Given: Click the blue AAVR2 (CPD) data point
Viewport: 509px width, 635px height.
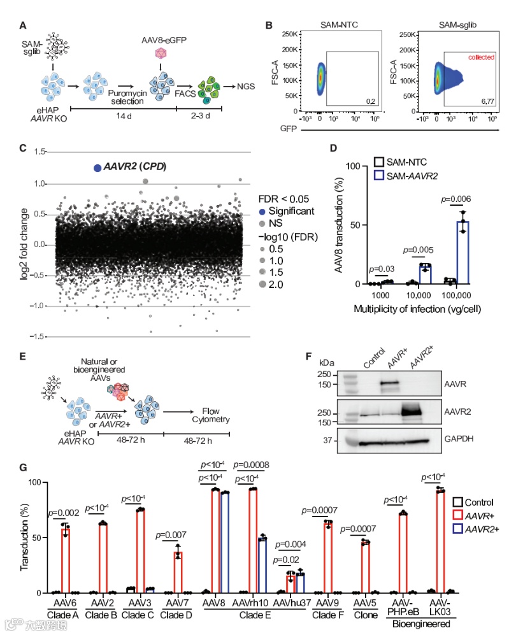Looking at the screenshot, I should tap(97, 168).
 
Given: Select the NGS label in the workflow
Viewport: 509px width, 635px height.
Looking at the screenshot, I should tap(246, 85).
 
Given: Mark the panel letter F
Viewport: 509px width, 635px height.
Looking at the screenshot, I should tap(310, 357).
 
